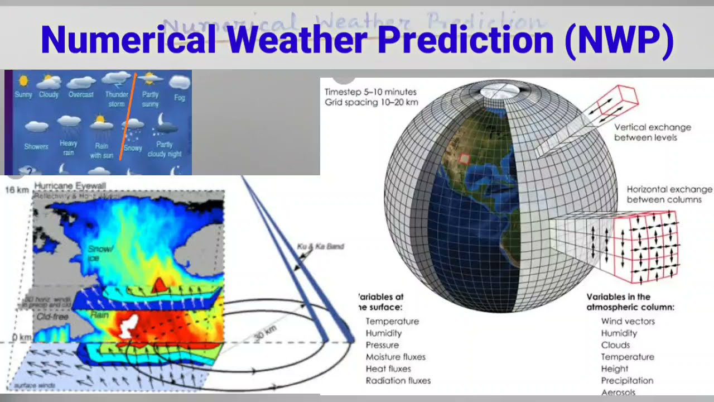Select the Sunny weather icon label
click(23, 94)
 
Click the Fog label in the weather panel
click(179, 97)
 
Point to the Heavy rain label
click(69, 148)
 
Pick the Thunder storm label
click(117, 99)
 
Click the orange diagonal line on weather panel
click(128, 117)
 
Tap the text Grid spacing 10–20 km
click(371, 103)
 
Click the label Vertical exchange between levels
click(652, 132)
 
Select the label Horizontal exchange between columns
click(669, 194)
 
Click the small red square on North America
click(464, 159)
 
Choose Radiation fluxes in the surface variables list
click(398, 381)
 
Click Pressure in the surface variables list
click(382, 345)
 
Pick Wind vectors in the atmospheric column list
click(628, 321)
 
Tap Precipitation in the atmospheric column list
click(626, 381)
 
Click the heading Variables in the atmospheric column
click(630, 302)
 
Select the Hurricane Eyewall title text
click(70, 185)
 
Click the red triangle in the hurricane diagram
click(160, 285)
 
